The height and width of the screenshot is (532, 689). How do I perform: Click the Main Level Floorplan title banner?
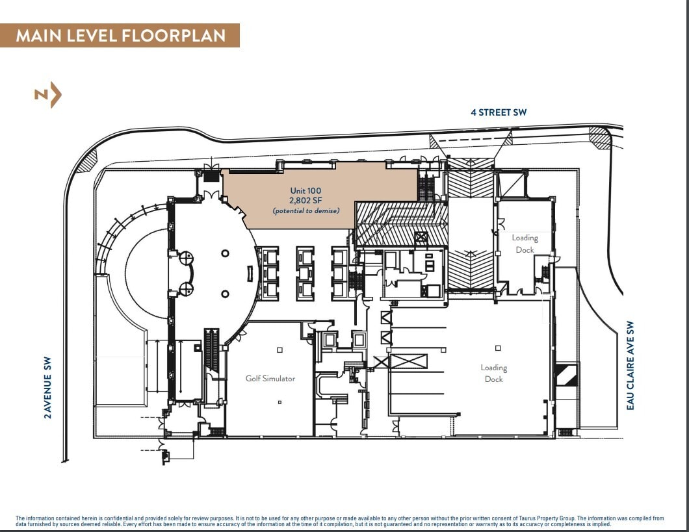120,35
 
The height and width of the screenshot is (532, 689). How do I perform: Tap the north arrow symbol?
49,95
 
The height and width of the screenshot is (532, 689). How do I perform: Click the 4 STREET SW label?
499,112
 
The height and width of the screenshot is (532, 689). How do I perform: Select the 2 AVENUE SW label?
47,387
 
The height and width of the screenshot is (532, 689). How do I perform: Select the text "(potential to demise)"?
305,211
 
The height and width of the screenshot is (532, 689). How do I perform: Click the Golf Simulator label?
270,378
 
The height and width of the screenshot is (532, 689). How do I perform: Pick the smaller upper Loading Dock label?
525,244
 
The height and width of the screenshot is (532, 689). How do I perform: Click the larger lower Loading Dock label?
493,374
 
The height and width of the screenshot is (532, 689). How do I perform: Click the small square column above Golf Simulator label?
279,350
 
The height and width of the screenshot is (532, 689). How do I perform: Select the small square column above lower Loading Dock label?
498,348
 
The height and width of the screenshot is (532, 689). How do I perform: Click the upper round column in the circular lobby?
225,253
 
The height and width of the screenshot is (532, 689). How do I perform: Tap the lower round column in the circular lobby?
225,294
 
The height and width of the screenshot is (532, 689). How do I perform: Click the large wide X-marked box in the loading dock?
408,362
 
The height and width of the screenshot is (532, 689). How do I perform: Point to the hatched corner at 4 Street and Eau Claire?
599,137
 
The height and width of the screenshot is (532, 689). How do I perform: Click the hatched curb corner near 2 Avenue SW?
86,160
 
